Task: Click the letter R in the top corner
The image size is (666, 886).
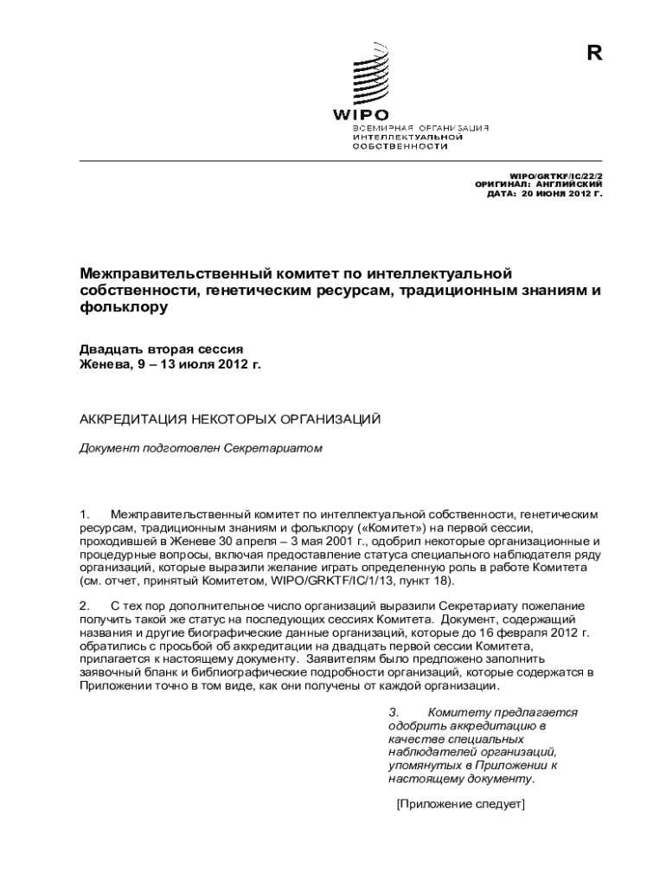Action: pyautogui.click(x=593, y=53)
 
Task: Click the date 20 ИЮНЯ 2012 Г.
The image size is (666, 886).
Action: pyautogui.click(x=560, y=194)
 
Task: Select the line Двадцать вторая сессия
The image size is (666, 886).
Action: pyautogui.click(x=161, y=349)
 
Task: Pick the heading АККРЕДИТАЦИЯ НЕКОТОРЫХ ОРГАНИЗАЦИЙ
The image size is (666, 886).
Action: pyautogui.click(x=230, y=420)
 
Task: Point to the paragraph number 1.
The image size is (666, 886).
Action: pyautogui.click(x=83, y=515)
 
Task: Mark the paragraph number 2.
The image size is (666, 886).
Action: pyautogui.click(x=84, y=606)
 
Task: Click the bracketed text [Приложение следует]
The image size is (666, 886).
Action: pyautogui.click(x=460, y=804)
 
